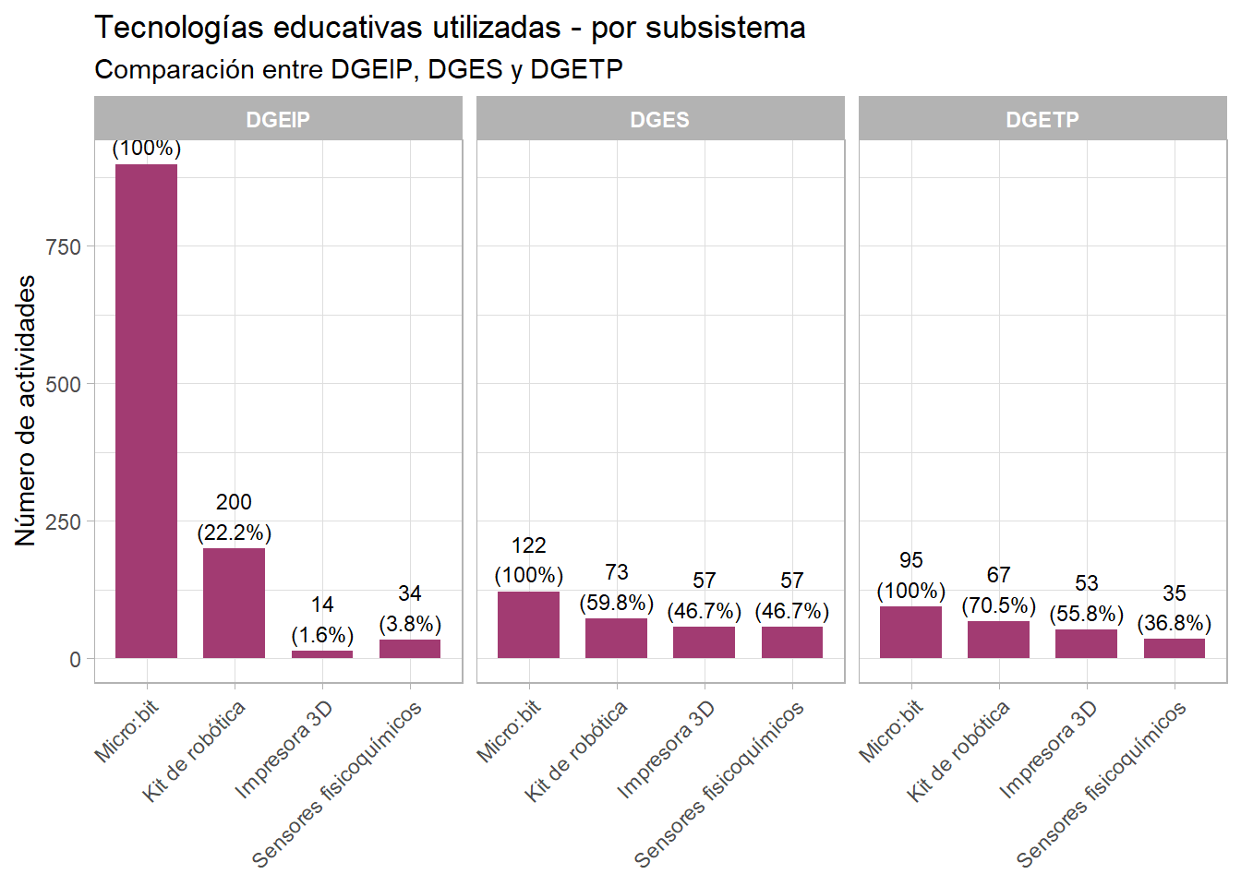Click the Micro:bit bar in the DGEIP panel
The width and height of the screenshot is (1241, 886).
coord(146,411)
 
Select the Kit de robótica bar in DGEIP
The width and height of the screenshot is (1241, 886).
coord(234,603)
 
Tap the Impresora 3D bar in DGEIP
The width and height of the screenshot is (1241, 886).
coord(322,654)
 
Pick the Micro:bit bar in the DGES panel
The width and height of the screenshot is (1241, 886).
coord(528,625)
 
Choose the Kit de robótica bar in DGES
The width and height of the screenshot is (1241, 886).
coord(616,638)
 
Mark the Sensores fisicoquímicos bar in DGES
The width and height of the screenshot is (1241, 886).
coord(792,642)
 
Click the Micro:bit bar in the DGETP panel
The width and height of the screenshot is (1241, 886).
coord(910,632)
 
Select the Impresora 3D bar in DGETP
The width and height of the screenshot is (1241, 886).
coord(1086,643)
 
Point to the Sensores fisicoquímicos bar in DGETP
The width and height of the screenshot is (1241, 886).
coord(1175,648)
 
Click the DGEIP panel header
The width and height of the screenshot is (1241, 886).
coord(278,119)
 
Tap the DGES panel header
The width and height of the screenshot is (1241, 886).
coord(660,119)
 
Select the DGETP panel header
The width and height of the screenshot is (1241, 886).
coord(1042,119)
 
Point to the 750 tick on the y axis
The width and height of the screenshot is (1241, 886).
coord(64,246)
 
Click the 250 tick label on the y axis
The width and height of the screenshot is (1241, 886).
coord(64,521)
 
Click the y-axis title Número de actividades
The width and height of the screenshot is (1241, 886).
coord(26,411)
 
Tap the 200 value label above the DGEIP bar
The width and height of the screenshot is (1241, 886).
coord(234,502)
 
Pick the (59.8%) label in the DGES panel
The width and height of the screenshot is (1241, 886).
coord(616,603)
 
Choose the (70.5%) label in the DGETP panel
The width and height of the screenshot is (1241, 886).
coord(998,605)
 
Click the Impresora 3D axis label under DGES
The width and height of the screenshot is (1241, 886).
coord(667,748)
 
